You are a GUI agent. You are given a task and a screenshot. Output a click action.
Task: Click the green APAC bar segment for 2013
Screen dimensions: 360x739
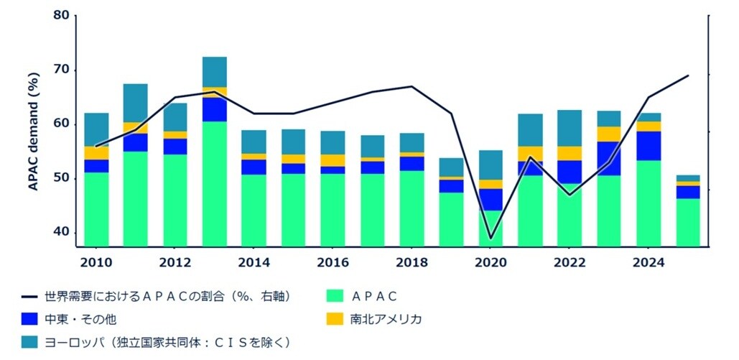point(215,183)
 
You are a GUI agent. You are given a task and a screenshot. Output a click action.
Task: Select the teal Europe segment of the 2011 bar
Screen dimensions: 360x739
point(136,103)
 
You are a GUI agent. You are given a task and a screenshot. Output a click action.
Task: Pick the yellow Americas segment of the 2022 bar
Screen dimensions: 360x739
point(570,153)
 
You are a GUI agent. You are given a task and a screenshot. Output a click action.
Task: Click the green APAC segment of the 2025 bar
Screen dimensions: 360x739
point(688,222)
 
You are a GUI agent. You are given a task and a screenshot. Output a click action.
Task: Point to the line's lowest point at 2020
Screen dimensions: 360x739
point(491,238)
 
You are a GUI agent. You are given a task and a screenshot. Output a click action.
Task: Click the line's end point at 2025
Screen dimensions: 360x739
point(688,75)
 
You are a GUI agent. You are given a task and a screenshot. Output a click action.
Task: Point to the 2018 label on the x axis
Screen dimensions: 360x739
point(412,262)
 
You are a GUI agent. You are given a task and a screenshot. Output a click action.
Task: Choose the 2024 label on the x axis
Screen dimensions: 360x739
point(649,262)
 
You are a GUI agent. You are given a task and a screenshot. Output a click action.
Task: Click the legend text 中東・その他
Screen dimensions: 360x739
point(80,318)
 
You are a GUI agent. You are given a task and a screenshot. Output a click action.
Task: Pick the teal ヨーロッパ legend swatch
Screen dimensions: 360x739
point(31,341)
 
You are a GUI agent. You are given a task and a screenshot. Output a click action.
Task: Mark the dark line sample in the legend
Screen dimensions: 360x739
point(31,295)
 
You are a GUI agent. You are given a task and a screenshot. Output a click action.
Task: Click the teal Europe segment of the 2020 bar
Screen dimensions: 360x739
point(491,165)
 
